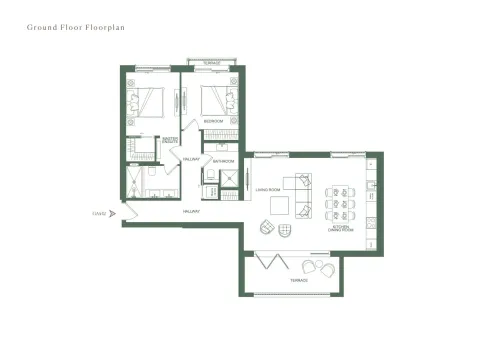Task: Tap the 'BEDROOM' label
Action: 213,121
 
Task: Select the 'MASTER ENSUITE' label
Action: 170,141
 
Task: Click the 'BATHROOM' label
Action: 222,161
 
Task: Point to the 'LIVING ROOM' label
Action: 266,188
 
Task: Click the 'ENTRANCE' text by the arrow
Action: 99,212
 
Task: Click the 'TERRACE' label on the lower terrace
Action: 299,281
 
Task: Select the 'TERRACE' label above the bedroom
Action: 211,63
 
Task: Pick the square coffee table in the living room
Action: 281,205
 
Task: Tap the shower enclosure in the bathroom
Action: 230,180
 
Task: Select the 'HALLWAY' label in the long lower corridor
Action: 191,212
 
